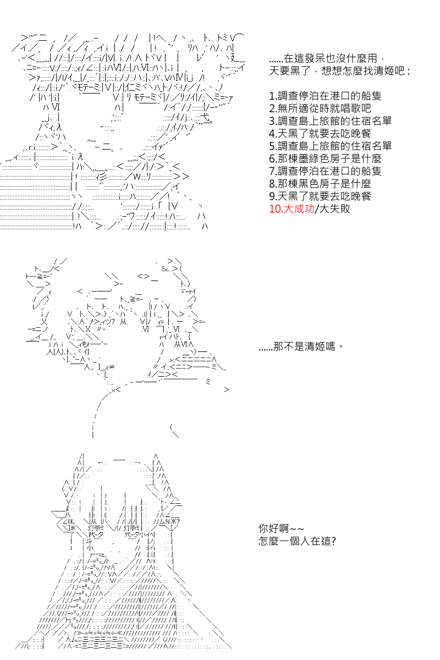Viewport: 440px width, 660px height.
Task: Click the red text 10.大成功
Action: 291,208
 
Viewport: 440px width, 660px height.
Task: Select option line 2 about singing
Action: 320,108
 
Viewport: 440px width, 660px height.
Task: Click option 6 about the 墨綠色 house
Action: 325,158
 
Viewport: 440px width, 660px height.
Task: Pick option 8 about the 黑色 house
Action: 320,184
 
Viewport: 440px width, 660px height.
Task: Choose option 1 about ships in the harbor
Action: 325,96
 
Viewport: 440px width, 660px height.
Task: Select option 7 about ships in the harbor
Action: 325,171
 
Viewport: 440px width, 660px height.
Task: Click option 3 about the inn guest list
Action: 331,121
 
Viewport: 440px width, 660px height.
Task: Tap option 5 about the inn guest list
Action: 331,146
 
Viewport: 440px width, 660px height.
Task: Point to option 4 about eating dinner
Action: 320,133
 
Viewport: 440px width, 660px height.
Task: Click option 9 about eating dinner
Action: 320,196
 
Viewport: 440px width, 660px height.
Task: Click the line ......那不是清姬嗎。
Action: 301,346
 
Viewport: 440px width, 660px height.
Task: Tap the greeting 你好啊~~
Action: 281,529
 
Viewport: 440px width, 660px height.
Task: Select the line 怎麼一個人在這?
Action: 297,541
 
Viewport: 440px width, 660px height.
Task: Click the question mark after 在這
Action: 333,541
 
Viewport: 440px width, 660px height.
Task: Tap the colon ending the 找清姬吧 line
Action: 408,71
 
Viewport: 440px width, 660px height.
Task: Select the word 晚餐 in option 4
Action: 360,133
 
